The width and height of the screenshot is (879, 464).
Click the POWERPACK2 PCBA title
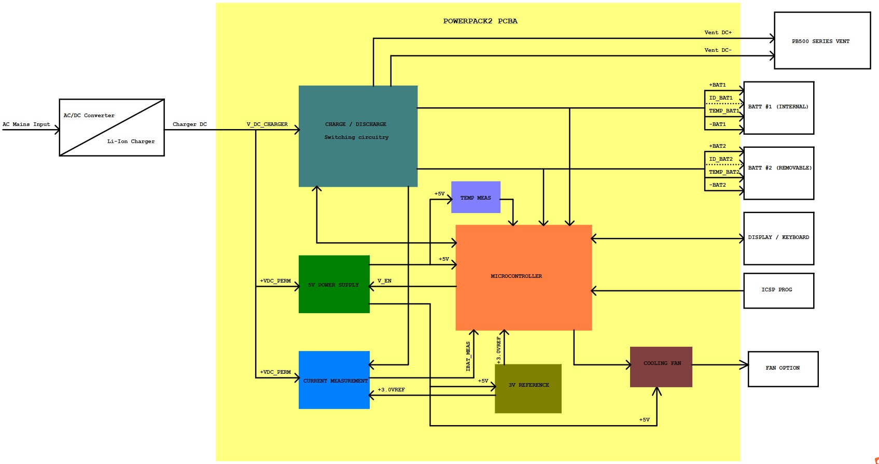pos(480,21)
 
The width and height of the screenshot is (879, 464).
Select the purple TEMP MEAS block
pos(476,198)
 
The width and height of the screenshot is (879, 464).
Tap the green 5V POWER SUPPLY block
pos(334,284)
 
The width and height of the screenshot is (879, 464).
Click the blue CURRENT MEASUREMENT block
pos(334,380)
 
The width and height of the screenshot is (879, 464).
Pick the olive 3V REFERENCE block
pos(528,388)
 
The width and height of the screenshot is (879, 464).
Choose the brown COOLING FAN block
pos(661,367)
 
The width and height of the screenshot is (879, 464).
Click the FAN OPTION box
pos(783,369)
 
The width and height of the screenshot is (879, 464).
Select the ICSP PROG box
pos(778,290)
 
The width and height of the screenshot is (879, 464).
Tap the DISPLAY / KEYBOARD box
pos(778,238)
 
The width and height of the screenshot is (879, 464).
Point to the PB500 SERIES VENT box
pos(822,41)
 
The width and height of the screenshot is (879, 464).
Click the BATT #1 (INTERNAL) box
pos(778,107)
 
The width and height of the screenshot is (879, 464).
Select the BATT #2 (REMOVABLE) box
pos(778,173)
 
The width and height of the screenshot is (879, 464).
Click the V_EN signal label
pos(384,281)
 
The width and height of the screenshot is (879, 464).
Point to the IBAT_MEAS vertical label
pos(468,356)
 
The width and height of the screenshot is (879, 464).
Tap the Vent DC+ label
pos(718,33)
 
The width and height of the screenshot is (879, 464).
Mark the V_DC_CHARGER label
pos(267,124)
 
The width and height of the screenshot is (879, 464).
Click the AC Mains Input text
pos(26,124)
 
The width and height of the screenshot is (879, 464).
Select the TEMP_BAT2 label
pos(724,172)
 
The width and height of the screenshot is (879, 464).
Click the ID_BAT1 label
pos(721,98)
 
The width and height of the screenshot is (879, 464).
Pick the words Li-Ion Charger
pos(131,142)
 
